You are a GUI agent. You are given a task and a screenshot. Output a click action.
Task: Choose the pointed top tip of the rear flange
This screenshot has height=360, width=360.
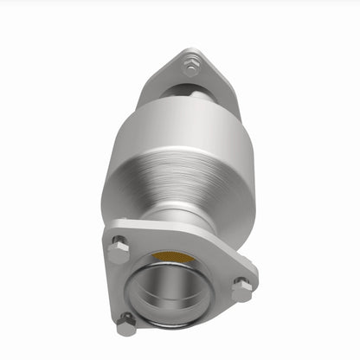point(190,50)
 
